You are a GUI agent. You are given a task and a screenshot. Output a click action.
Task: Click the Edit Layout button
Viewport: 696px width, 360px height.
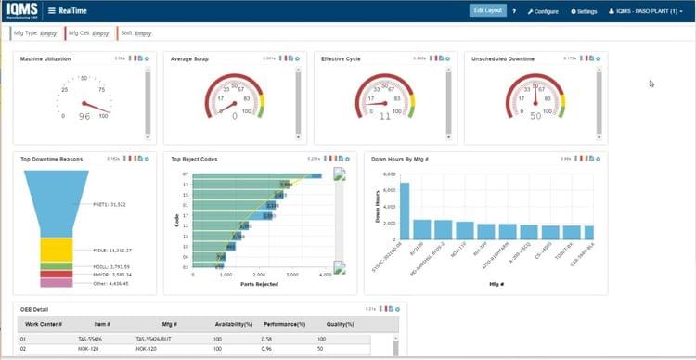(x=487, y=10)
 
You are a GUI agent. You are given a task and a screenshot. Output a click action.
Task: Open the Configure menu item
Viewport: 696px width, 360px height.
(x=544, y=11)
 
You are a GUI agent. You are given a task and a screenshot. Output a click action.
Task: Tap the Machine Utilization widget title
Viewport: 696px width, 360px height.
(x=45, y=58)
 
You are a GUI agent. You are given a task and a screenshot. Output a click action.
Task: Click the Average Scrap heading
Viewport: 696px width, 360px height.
(x=189, y=58)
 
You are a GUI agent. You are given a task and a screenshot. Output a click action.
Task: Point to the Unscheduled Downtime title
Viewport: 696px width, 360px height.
(x=503, y=58)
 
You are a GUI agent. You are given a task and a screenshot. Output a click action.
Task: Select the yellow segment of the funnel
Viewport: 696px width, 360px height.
(x=56, y=249)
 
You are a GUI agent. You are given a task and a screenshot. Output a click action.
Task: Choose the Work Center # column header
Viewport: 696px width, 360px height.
(x=44, y=324)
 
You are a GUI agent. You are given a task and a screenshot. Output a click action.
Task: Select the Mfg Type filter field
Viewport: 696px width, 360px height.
(x=37, y=33)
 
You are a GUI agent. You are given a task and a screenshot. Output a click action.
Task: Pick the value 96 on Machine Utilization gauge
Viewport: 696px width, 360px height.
(x=84, y=116)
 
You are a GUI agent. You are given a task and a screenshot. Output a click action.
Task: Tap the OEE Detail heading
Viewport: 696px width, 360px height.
(x=36, y=308)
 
